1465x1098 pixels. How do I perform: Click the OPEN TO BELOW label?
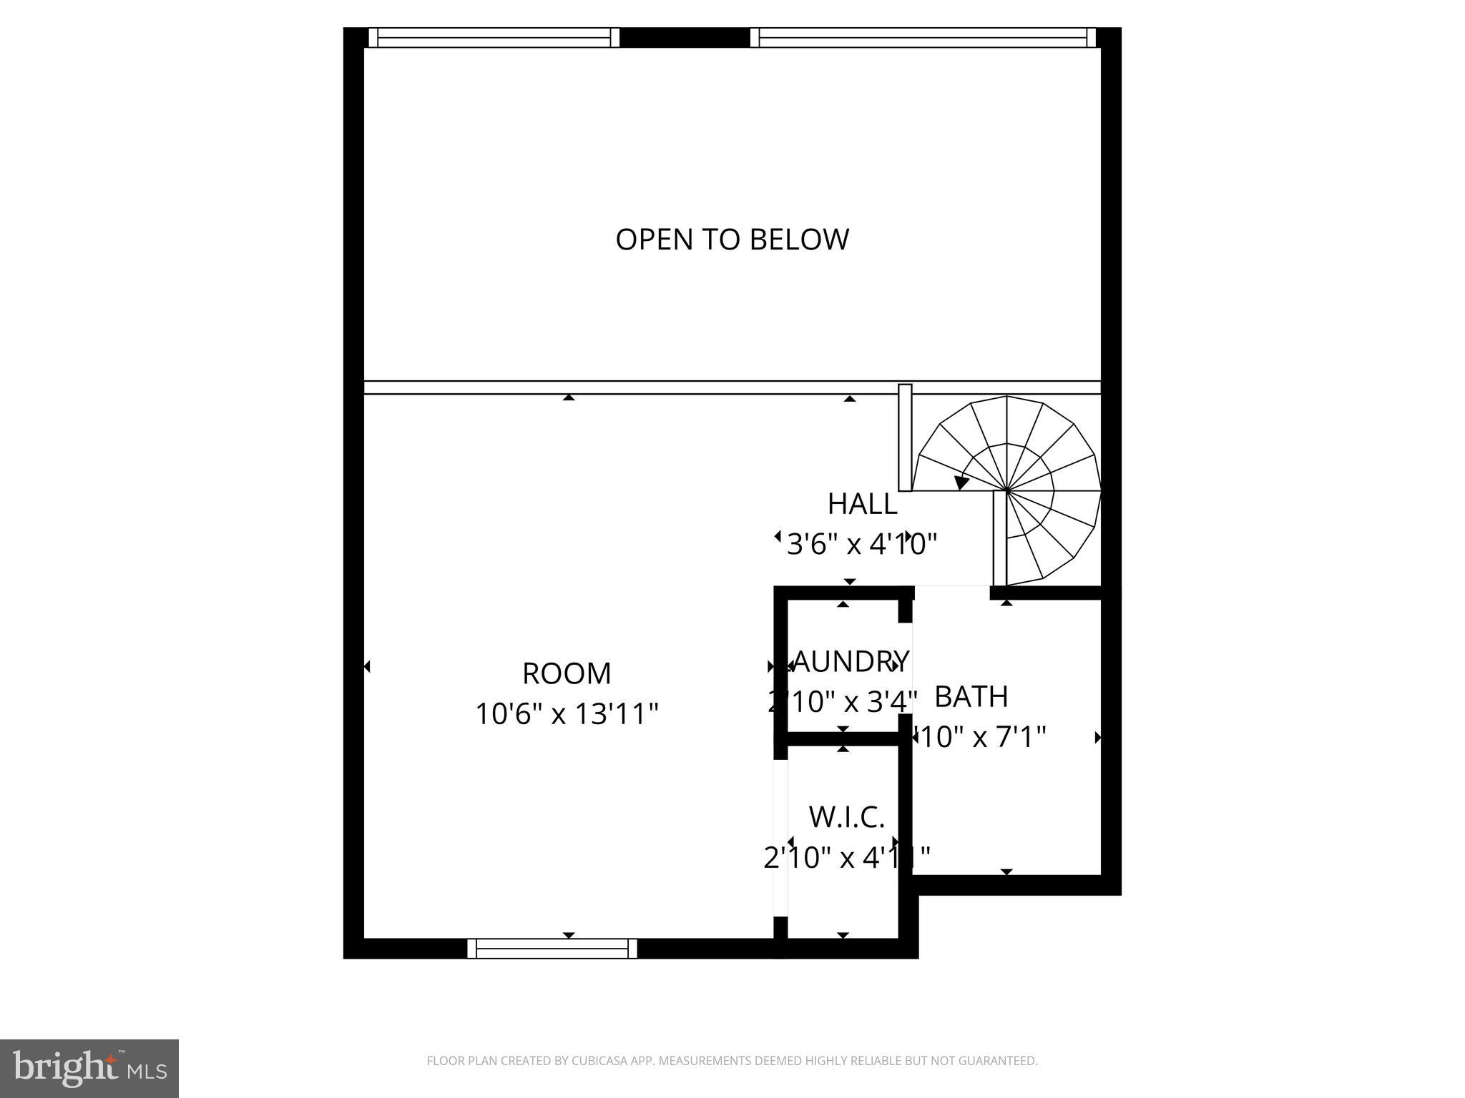point(732,239)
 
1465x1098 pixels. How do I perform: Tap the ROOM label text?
point(567,673)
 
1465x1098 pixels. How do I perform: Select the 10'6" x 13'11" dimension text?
point(567,713)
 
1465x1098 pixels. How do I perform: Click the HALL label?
point(862,505)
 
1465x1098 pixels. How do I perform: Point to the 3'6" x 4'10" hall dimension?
point(861,545)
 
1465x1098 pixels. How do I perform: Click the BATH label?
point(971,696)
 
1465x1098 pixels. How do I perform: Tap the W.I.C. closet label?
point(847,817)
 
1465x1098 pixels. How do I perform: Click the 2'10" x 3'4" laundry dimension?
point(842,702)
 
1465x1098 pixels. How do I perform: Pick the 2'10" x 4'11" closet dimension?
point(847,857)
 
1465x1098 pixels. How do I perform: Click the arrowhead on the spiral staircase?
point(961,483)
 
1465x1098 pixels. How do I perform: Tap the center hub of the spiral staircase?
point(1006,491)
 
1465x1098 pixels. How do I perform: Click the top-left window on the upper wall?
point(494,37)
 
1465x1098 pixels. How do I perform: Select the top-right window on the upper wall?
point(923,37)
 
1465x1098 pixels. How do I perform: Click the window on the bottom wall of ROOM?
point(552,948)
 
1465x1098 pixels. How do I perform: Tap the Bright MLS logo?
point(89,1068)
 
